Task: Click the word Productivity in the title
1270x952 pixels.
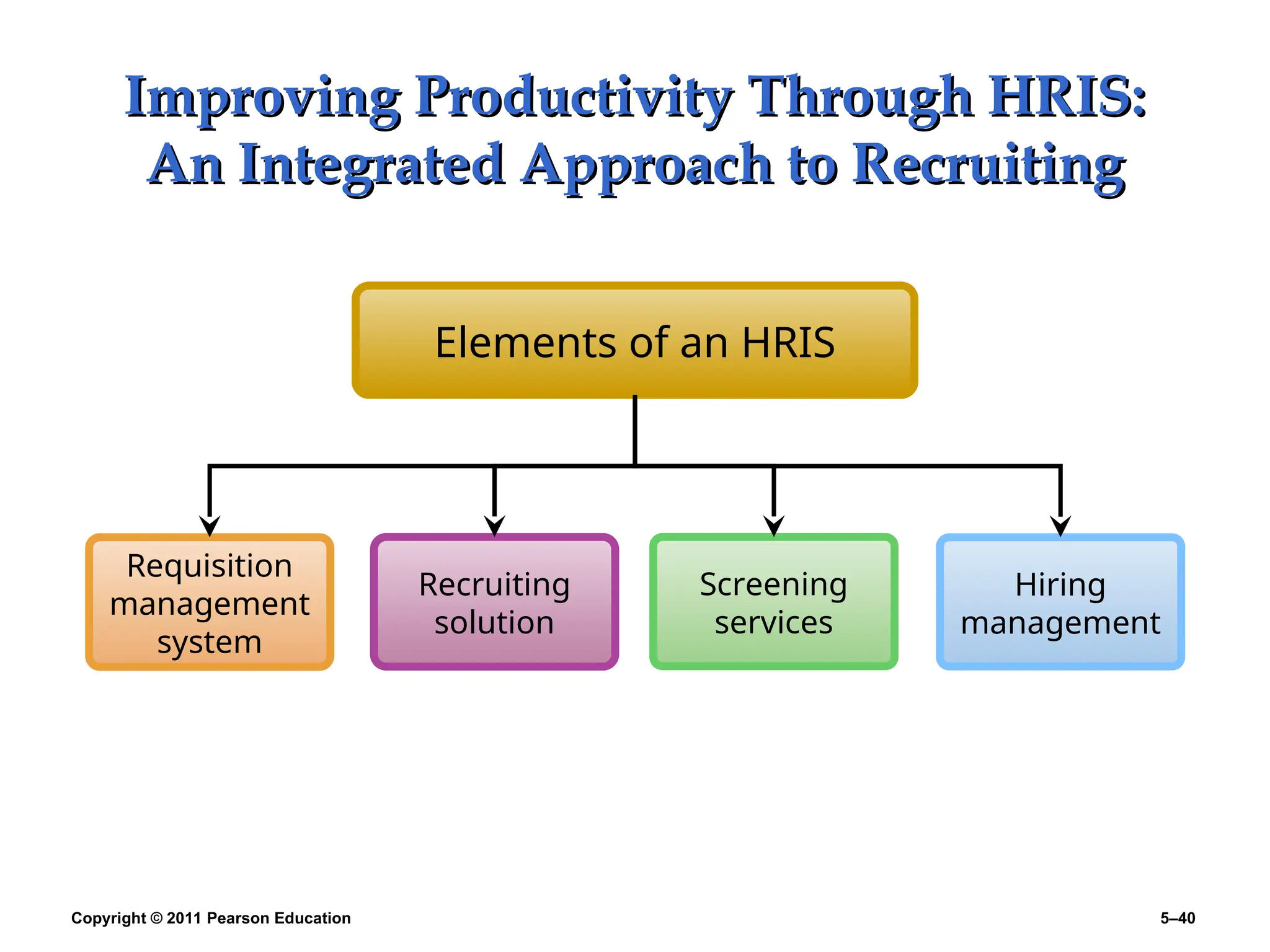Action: (x=574, y=98)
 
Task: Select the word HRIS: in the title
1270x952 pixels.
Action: (x=1067, y=96)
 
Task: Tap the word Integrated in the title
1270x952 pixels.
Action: (x=371, y=165)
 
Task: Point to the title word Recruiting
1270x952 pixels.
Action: (x=988, y=165)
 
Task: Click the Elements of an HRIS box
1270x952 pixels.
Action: (x=634, y=341)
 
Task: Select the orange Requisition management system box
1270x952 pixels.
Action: (x=210, y=602)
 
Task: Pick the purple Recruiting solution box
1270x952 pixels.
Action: (x=494, y=602)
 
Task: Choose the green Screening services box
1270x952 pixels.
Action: (x=773, y=602)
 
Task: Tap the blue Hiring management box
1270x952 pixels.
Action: (x=1060, y=602)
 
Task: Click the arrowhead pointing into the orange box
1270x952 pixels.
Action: (x=210, y=526)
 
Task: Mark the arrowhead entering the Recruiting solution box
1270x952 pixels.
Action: (x=494, y=526)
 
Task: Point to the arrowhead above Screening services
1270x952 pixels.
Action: (x=773, y=526)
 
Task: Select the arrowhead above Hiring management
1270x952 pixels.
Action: (x=1060, y=526)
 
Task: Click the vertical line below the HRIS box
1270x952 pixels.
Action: (x=634, y=431)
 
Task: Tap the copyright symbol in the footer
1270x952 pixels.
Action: (x=156, y=919)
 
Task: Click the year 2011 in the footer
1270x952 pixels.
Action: (x=184, y=919)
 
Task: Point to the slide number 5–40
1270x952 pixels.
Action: (x=1178, y=919)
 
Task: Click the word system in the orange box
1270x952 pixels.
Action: (x=210, y=643)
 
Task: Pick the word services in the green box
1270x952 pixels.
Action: (x=773, y=623)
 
